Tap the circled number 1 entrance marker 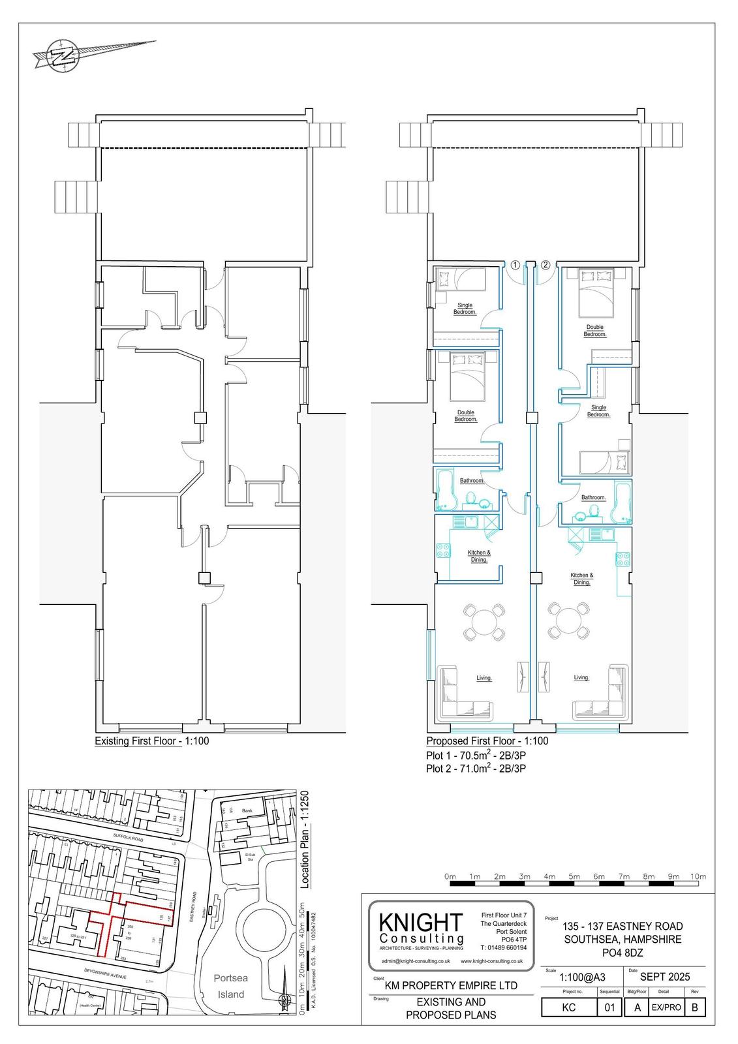(515, 265)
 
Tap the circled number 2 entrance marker (546, 265)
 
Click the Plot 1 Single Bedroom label (465, 309)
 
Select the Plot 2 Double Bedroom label (594, 331)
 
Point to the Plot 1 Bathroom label (472, 481)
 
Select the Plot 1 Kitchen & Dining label (479, 556)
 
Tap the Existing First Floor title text (151, 741)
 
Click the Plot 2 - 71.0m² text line (476, 769)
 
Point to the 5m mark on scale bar (574, 876)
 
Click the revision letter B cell (694, 1007)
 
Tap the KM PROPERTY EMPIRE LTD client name (451, 985)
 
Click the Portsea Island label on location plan (231, 986)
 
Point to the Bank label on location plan (247, 811)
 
